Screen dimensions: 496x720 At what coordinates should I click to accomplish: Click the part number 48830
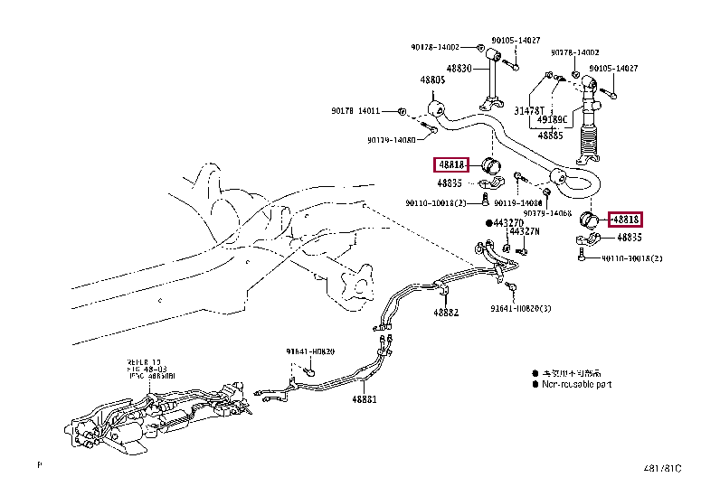click(459, 69)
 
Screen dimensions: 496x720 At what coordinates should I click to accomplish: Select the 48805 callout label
click(432, 80)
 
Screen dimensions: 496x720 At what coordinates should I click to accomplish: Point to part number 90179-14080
click(392, 140)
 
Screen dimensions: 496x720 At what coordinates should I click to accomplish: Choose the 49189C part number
click(552, 119)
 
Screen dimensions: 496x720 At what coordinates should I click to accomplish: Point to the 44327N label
click(525, 231)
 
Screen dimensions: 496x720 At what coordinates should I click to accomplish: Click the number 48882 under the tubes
click(445, 313)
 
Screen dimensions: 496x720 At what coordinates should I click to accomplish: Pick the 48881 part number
click(364, 399)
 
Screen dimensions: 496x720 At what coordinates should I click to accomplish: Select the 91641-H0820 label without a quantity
click(312, 351)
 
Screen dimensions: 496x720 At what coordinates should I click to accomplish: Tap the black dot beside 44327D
click(488, 222)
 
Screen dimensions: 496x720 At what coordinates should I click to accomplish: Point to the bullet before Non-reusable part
click(535, 384)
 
